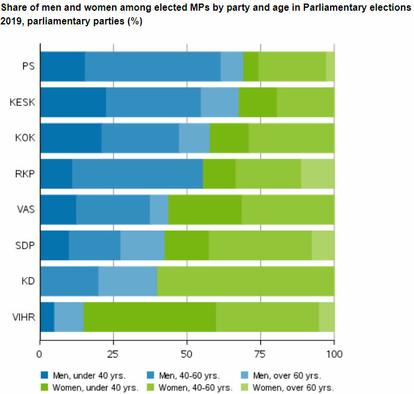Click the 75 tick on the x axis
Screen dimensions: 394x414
[260, 353]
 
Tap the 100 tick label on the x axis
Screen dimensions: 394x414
[334, 353]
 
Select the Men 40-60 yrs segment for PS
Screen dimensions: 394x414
[152, 66]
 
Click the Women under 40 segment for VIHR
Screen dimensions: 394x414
[150, 317]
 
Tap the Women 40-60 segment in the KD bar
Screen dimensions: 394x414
[245, 281]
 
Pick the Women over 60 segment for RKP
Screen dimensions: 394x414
[317, 173]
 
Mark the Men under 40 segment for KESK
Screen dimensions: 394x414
[73, 102]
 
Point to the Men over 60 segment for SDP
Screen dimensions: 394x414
[142, 245]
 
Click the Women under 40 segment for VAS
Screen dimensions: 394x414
[205, 209]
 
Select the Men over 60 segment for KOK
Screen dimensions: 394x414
[194, 138]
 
